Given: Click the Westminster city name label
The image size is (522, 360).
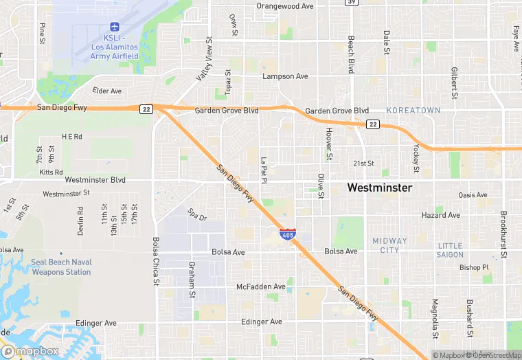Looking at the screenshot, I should click(x=379, y=187).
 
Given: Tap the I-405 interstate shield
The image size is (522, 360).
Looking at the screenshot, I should click(x=288, y=234).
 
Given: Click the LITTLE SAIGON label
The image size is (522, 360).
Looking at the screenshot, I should click(x=450, y=250).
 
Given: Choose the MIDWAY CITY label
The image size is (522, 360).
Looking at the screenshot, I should click(x=389, y=245).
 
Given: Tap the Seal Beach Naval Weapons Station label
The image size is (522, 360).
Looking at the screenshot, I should click(x=60, y=267).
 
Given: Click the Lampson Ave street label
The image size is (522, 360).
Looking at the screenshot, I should click(x=285, y=76).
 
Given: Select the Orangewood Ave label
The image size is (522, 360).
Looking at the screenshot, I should click(x=284, y=5).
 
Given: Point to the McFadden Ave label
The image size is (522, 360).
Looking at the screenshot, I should click(x=260, y=286).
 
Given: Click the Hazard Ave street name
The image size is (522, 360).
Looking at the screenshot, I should click(x=440, y=215).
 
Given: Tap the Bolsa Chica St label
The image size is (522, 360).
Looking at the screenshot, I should click(x=156, y=261).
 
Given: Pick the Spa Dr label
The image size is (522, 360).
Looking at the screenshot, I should click(x=198, y=218).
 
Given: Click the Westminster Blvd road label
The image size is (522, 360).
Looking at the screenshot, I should click(x=95, y=180).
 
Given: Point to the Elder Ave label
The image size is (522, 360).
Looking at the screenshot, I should click(x=106, y=91).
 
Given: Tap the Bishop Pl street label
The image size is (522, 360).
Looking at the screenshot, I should click(x=474, y=267).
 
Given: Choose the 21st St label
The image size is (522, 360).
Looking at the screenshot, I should click(x=363, y=164).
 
